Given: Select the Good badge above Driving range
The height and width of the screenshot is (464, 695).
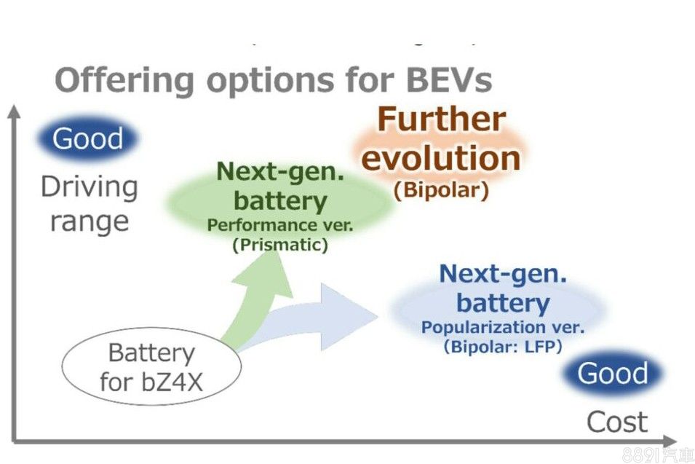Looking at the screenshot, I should [x=88, y=138].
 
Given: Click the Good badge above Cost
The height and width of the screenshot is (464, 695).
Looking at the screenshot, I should [x=613, y=374].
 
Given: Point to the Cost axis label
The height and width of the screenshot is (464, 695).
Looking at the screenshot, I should [x=617, y=421].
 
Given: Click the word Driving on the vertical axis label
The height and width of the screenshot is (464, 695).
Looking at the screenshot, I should [x=89, y=187].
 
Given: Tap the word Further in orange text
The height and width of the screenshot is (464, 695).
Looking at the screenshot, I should [x=442, y=120].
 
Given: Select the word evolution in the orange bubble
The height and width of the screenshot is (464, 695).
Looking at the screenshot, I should [x=442, y=158].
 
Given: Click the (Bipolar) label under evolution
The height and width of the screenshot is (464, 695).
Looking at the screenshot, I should [x=442, y=190].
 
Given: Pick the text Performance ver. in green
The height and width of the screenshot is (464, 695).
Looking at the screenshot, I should [x=280, y=225].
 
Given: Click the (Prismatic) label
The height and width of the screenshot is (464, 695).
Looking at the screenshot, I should [x=280, y=245].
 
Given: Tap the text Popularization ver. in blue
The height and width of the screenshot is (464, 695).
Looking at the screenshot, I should [x=503, y=328].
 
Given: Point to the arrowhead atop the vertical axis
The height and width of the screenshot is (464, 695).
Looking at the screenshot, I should [x=13, y=111].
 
